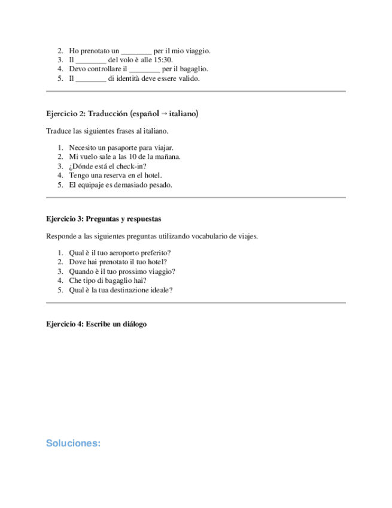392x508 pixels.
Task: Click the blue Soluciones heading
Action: click(x=73, y=444)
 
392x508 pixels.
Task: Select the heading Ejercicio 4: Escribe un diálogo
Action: click(x=96, y=324)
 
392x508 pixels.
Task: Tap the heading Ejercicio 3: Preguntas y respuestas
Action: click(x=104, y=219)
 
